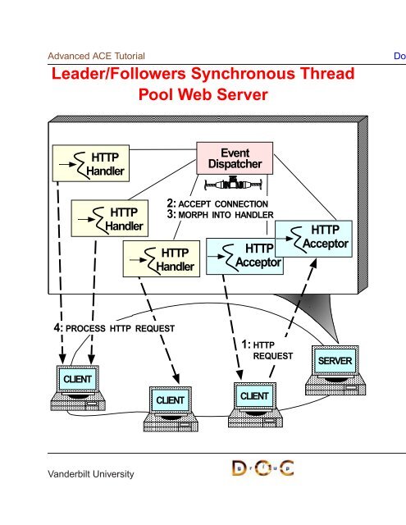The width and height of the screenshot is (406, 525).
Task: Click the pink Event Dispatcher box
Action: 235,158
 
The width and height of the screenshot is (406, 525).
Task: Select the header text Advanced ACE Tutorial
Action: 97,56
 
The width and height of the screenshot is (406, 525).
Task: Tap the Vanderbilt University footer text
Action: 91,474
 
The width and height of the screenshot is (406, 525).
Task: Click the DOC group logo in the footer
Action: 263,468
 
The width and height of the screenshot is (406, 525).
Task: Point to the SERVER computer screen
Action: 335,361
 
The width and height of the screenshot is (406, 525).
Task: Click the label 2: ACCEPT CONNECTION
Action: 217,203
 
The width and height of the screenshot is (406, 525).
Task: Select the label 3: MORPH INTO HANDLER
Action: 221,214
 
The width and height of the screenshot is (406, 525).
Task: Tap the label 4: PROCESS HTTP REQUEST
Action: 114,328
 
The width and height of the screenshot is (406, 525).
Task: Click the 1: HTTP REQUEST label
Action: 267,350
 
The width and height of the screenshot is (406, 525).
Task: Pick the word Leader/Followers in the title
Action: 118,74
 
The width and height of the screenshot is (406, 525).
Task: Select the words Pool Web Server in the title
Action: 203,94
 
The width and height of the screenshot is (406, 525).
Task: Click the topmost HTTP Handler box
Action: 91,163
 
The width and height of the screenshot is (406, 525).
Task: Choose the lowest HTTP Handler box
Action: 162,259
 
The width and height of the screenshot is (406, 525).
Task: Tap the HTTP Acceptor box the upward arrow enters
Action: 313,239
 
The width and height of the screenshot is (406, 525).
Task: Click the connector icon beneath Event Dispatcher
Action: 233,184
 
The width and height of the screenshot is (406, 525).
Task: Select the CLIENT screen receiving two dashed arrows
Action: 77,379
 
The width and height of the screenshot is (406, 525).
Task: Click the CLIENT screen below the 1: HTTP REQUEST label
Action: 254,396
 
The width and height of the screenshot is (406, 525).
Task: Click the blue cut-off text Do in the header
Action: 400,56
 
